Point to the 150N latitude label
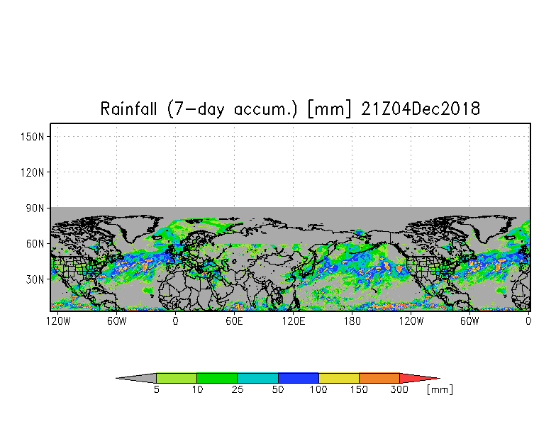34,136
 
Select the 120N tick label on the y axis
34,172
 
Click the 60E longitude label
234,321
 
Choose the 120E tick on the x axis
293,321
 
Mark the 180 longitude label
352,321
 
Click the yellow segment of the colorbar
339,378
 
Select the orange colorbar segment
379,378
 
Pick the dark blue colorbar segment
299,378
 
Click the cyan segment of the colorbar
257,378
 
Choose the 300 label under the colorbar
400,390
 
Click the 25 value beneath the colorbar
238,390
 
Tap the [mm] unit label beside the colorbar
440,390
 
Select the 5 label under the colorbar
156,390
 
